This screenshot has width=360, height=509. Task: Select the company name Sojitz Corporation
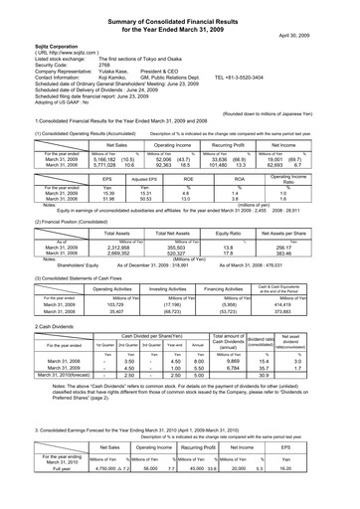tap(32, 46)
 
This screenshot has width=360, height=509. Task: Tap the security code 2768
tap(77, 65)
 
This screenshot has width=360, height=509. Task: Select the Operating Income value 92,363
tap(140, 138)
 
